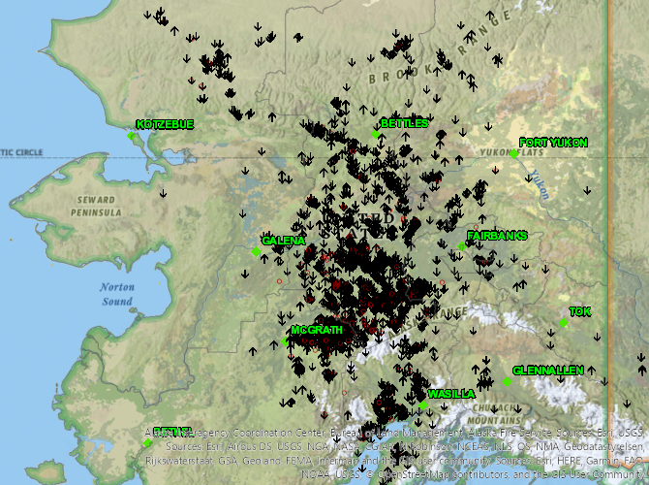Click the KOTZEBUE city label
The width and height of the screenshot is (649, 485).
click(x=165, y=124)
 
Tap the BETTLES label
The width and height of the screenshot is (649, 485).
click(x=404, y=123)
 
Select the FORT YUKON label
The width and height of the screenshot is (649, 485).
click(x=553, y=143)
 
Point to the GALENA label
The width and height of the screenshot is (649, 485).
click(x=284, y=240)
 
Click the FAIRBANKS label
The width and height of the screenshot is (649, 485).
click(x=497, y=236)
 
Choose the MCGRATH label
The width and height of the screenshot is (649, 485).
click(x=317, y=330)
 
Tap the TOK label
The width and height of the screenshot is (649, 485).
click(x=579, y=311)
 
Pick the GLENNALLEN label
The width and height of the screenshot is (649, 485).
click(x=548, y=371)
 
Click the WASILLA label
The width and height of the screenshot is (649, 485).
click(x=451, y=394)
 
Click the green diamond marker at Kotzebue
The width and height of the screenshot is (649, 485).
click(x=132, y=136)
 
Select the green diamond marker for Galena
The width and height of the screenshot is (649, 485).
click(x=256, y=252)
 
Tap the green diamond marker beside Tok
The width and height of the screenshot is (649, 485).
click(x=564, y=323)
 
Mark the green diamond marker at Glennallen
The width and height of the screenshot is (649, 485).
click(x=507, y=381)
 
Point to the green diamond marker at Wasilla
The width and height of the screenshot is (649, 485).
click(x=423, y=405)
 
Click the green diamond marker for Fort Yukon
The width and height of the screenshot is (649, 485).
click(x=514, y=153)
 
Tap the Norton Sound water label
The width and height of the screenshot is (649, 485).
click(x=115, y=294)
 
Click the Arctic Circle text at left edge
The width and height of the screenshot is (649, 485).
click(x=21, y=152)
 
